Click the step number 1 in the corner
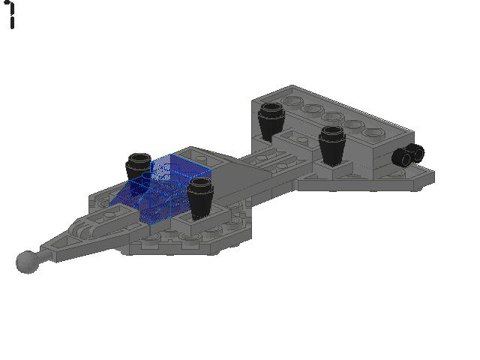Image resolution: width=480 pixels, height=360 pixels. pos(12,15)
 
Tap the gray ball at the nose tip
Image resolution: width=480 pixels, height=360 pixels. pos(26,262)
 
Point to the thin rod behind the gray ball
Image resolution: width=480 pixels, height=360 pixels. pos(43,251)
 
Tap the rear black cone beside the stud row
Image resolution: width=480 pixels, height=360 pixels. pos(271,120)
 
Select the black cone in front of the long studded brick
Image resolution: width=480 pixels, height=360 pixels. pos(331,144)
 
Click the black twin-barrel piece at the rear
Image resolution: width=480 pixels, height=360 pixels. pos(408,155)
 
